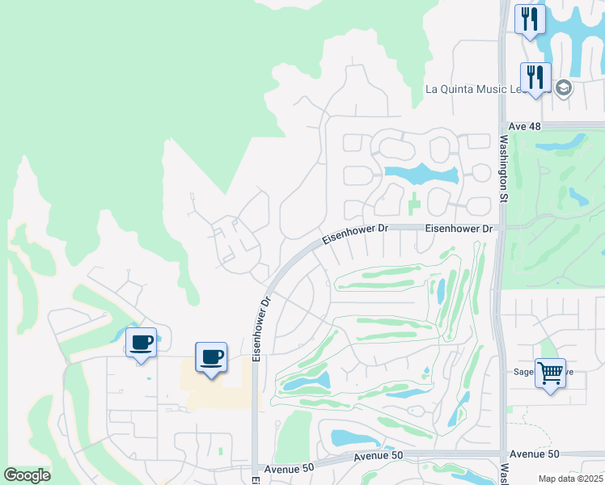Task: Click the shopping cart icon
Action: coord(550,373)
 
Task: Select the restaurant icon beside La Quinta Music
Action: coord(535,78)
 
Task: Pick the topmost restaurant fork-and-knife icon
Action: coord(530,19)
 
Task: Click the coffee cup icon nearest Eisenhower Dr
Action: coord(211,356)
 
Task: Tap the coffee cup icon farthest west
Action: coord(141,343)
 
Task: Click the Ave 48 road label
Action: coord(525,127)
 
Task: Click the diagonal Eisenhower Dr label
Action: coord(355,234)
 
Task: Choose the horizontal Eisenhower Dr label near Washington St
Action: coord(459,229)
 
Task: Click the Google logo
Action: coord(27,475)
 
